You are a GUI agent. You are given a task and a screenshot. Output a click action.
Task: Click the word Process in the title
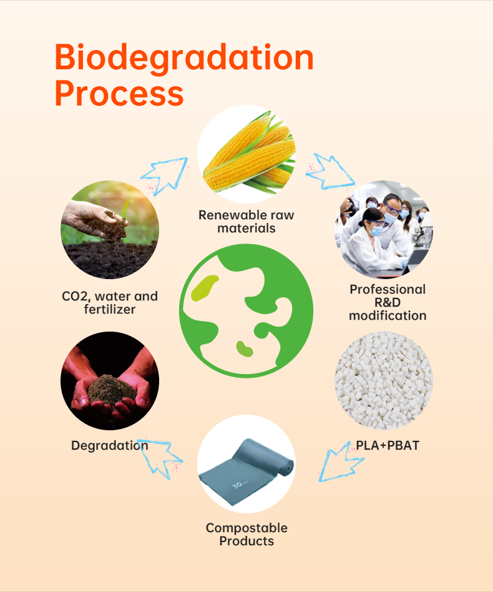coord(119,93)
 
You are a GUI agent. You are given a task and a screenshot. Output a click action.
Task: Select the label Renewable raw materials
coord(246,222)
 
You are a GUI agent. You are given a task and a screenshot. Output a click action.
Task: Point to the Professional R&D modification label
coord(388,302)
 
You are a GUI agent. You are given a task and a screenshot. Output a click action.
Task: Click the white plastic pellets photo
coord(383,381)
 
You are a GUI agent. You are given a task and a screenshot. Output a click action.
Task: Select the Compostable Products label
coord(246,535)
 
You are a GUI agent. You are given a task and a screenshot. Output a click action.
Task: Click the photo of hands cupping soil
coord(110,381)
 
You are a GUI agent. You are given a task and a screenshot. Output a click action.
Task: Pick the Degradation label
coord(110,446)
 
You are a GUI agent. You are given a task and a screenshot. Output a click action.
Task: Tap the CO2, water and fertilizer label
coord(110,302)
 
